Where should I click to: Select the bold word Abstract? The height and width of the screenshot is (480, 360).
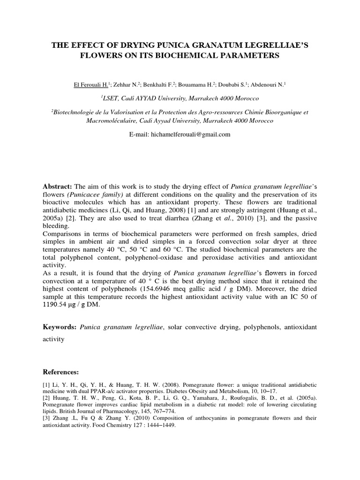coord(57,186)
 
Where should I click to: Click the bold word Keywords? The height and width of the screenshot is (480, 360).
coord(60,326)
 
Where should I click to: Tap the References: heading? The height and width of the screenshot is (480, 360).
coord(61,372)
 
